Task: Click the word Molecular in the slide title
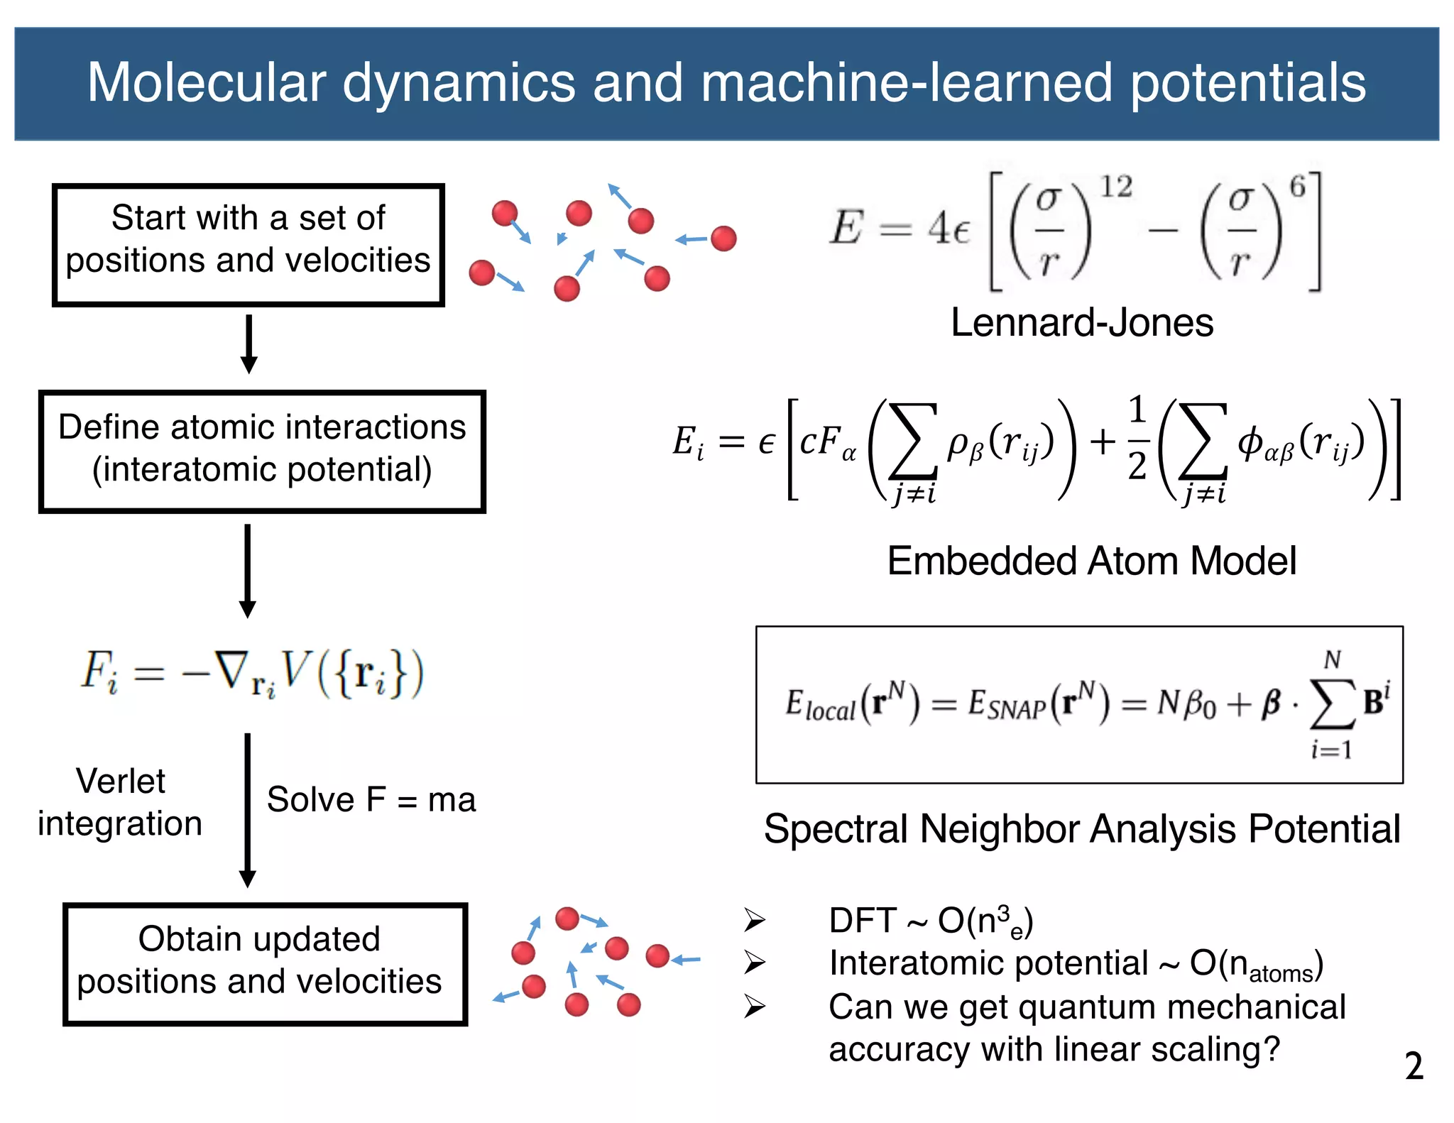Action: pyautogui.click(x=206, y=83)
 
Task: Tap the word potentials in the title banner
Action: pyautogui.click(x=1247, y=83)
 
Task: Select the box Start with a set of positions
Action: pyautogui.click(x=248, y=245)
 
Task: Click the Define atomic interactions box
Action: pyautogui.click(x=262, y=451)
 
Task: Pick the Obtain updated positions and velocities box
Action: pyautogui.click(x=265, y=964)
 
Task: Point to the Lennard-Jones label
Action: pyautogui.click(x=1081, y=323)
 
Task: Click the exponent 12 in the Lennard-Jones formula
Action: pyautogui.click(x=1116, y=187)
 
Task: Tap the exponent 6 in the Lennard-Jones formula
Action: pyautogui.click(x=1297, y=187)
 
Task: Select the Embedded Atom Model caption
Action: pyautogui.click(x=1091, y=561)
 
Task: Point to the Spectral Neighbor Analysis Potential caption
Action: pyautogui.click(x=1081, y=829)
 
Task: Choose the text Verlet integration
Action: pyautogui.click(x=121, y=802)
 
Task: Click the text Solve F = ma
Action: pyautogui.click(x=371, y=800)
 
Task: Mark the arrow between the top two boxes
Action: pyautogui.click(x=248, y=344)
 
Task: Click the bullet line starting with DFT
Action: pyautogui.click(x=930, y=921)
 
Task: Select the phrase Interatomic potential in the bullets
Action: pyautogui.click(x=988, y=964)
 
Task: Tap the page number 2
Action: pyautogui.click(x=1414, y=1066)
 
